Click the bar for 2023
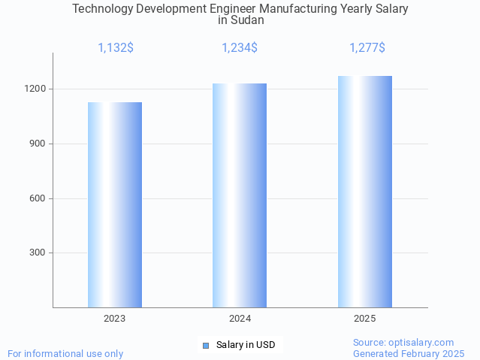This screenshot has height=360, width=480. [x=115, y=204]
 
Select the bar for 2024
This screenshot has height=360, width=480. [x=240, y=195]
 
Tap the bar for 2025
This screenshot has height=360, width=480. [x=365, y=192]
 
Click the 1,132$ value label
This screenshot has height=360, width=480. [x=116, y=48]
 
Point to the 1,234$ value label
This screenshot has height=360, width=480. [x=240, y=48]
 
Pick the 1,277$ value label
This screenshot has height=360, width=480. [x=367, y=48]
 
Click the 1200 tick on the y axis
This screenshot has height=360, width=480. [x=35, y=89]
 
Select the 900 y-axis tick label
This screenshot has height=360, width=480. [x=38, y=144]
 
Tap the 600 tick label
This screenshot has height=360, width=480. [x=38, y=198]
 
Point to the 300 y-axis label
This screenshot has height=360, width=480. [x=38, y=253]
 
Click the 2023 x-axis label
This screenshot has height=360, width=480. [x=115, y=319]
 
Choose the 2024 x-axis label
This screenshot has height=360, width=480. [x=240, y=319]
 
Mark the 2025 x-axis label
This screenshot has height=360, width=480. [x=365, y=319]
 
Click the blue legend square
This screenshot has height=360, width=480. [x=205, y=346]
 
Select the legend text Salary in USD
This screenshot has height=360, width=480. [x=246, y=345]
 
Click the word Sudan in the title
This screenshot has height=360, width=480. [x=241, y=20]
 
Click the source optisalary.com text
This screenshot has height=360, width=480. [x=403, y=342]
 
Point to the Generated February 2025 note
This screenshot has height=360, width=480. [x=409, y=353]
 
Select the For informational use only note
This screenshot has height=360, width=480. [x=65, y=353]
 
